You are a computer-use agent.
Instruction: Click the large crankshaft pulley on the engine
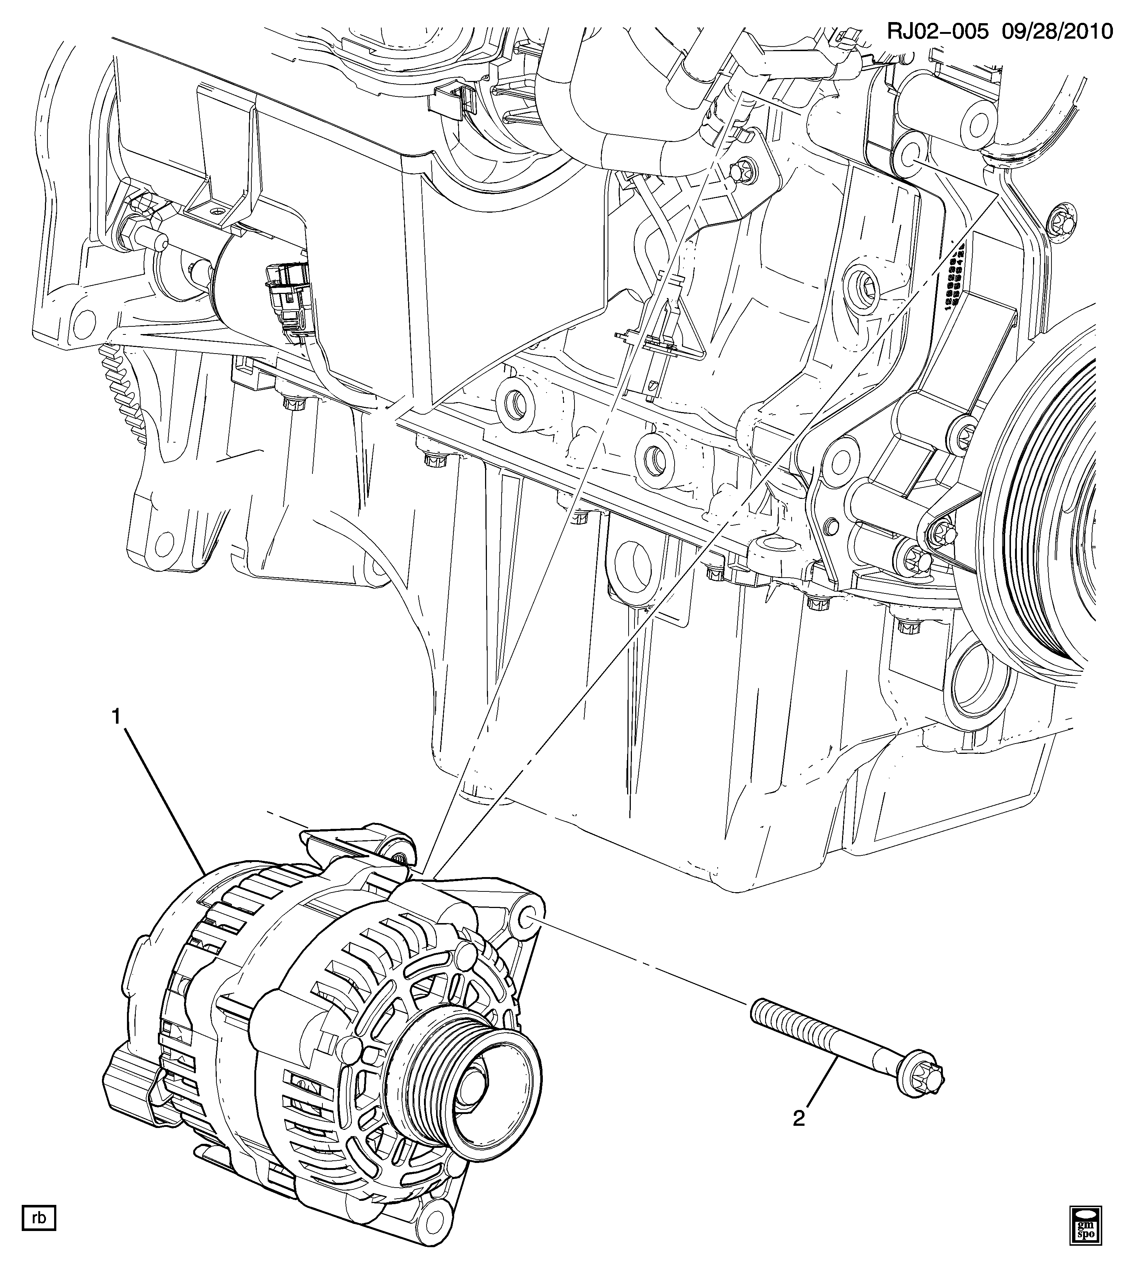tap(1054, 518)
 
